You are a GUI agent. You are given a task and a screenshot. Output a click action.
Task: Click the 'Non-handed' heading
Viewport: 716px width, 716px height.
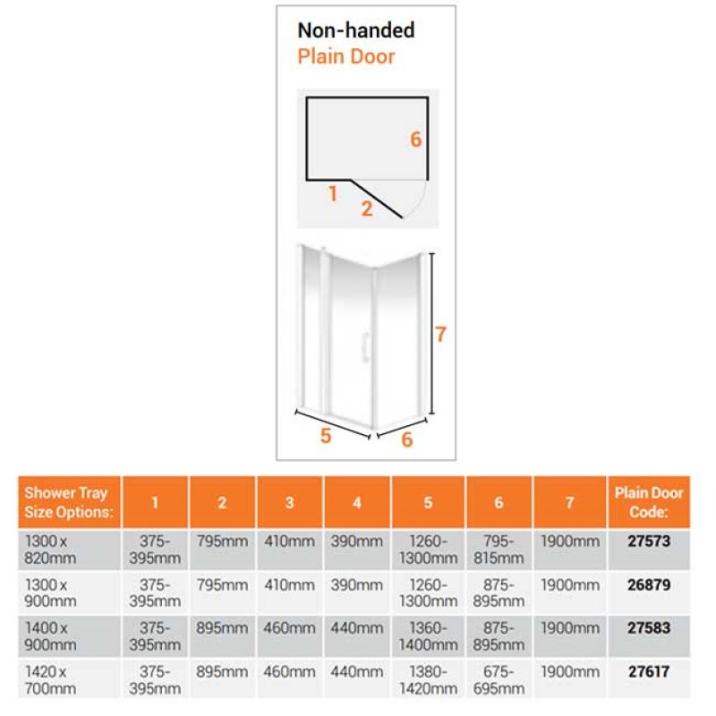[356, 30]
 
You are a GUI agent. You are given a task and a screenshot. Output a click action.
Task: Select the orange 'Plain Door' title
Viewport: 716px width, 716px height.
[346, 56]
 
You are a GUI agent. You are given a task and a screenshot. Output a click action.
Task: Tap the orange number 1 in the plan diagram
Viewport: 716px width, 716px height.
[333, 194]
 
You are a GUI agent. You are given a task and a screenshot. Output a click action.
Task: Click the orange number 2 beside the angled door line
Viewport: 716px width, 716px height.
[367, 209]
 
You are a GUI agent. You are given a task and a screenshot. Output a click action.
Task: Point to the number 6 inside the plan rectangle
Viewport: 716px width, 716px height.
[415, 140]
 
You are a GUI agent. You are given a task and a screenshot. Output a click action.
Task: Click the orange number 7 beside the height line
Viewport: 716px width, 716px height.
[440, 334]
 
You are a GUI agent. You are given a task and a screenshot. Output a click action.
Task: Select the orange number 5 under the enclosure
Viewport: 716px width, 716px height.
[326, 436]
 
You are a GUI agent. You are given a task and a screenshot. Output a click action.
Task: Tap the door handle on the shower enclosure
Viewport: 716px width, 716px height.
[365, 347]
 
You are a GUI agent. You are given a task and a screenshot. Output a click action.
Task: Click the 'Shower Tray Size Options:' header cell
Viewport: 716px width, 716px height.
[69, 502]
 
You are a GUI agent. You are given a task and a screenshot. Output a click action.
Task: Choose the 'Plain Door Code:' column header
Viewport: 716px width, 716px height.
[648, 502]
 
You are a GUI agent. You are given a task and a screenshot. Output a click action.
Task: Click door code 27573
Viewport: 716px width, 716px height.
[648, 541]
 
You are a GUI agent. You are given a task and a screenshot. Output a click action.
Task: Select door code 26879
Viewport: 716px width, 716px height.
[648, 584]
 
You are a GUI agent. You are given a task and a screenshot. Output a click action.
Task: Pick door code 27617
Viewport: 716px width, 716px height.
[648, 671]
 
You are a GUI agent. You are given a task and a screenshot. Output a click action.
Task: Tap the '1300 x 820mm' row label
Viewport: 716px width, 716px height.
[50, 550]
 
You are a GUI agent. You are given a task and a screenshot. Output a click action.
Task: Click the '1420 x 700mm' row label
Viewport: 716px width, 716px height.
[50, 680]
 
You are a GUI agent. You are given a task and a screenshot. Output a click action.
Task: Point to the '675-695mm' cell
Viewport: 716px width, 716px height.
[499, 680]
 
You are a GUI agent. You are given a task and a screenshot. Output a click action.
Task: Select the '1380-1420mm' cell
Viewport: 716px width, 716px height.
[429, 680]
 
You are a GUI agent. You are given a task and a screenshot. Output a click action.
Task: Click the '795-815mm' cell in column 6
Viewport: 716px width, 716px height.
[499, 550]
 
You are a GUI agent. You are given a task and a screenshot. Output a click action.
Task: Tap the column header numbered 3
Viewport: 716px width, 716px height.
[289, 502]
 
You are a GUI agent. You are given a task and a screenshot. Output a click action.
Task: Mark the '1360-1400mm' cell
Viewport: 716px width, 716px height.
[429, 636]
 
